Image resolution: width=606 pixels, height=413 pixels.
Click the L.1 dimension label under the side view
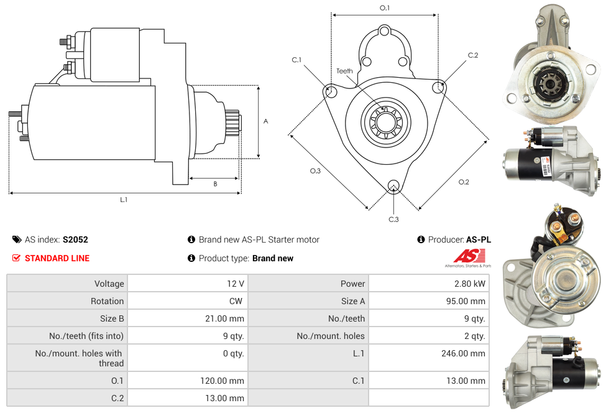click(124, 200)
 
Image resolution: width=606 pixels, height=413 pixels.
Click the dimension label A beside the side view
click(266, 121)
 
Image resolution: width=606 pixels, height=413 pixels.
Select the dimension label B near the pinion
click(215, 183)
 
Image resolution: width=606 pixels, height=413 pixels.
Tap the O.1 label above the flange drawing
click(385, 7)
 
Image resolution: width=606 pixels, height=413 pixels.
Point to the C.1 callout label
click(296, 60)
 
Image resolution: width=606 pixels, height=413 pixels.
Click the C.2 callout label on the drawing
click(473, 55)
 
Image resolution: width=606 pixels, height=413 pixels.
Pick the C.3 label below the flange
click(393, 219)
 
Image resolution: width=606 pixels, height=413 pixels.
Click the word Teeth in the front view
click(344, 71)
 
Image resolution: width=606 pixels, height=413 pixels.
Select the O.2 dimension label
click(464, 182)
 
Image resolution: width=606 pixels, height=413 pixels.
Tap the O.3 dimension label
click(315, 171)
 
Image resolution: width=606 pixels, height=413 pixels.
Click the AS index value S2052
click(75, 239)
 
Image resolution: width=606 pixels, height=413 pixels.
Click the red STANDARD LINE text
click(57, 258)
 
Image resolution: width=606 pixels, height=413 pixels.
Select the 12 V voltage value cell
click(236, 284)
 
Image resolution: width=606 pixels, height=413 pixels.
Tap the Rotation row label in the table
click(108, 301)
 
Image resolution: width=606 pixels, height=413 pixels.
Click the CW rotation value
click(237, 301)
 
